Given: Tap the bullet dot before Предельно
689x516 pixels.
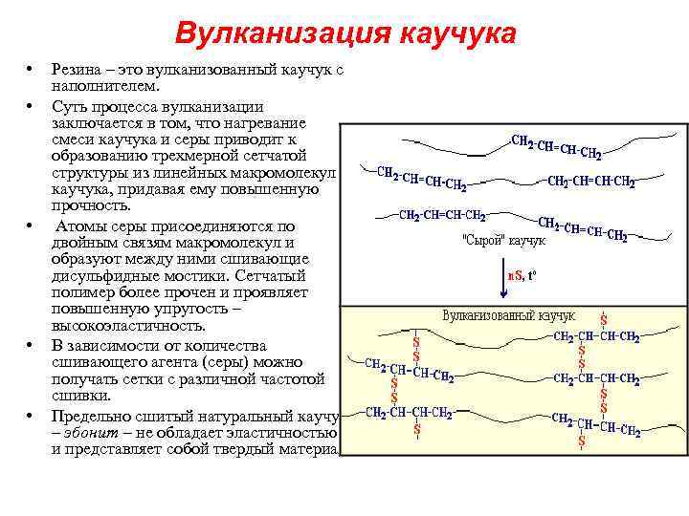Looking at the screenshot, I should [31, 417].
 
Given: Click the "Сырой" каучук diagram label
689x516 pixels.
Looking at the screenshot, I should [504, 241].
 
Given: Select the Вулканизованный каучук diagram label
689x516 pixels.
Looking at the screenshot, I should [508, 315].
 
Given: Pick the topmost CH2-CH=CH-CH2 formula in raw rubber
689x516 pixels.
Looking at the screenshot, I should [557, 147].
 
